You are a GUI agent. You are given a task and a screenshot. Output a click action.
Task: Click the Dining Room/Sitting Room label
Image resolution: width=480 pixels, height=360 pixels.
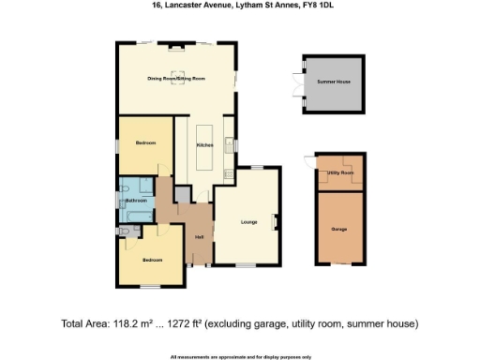[175, 78]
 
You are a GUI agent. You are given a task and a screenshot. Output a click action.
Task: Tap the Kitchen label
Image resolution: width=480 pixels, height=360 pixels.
[204, 145]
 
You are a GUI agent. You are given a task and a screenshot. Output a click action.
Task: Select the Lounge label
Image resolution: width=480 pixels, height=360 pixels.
[248, 222]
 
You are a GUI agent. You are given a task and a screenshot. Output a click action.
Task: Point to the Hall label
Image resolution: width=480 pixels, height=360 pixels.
[199, 237]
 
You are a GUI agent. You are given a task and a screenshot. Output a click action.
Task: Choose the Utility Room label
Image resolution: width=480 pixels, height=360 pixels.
[339, 173]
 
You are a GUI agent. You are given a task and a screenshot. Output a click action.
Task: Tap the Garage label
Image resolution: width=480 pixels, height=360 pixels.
[338, 228]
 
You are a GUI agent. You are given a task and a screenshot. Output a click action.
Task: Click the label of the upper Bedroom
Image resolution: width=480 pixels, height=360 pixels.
[144, 142]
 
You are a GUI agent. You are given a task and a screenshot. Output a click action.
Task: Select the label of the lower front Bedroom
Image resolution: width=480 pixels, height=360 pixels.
[153, 259]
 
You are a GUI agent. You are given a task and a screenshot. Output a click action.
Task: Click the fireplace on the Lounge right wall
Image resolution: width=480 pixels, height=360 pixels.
[275, 221]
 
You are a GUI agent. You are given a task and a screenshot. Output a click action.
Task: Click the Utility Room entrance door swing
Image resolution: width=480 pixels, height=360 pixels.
[309, 161]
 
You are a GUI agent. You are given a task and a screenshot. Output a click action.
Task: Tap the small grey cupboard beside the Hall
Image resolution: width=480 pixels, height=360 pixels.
[182, 194]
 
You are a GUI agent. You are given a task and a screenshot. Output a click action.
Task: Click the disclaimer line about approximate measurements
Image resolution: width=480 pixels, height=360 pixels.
[240, 356]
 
